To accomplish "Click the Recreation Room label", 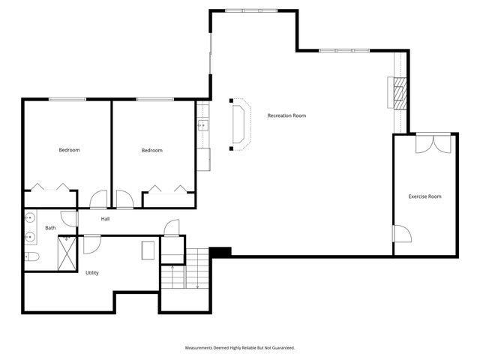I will pos(286,115).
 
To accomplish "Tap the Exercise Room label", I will pos(424,196).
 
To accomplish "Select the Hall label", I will pos(105,219).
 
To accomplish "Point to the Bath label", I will pos(50,228).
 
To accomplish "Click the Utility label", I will pos(91,272).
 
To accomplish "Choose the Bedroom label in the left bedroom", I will pos(69,150).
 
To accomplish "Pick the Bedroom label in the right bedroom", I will pos(151,150).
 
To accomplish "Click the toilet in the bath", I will pos(31,256).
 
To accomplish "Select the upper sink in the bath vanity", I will pos(30,219).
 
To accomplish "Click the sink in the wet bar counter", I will pos(202,125).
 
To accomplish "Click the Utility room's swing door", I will pos(91,244).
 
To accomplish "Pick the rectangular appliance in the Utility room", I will pos(148,250).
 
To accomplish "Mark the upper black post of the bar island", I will pos(231,100).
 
